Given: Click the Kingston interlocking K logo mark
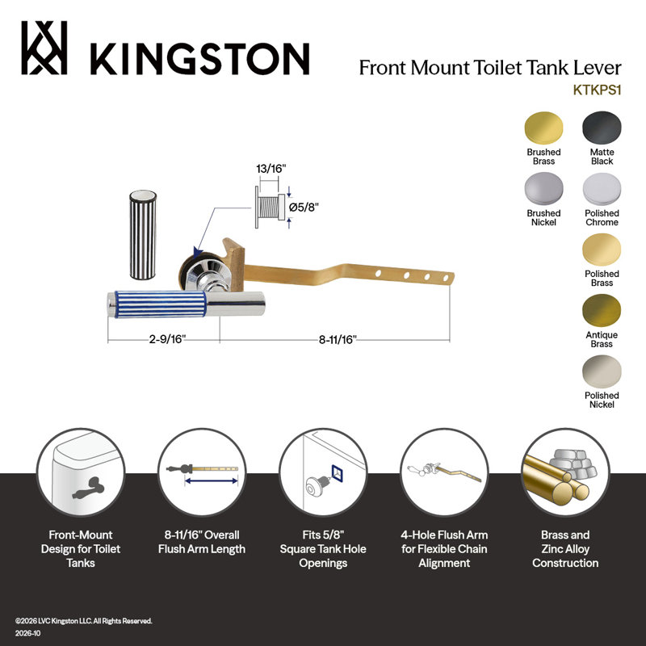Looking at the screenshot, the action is click(x=44, y=48).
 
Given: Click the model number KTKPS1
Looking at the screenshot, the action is click(x=597, y=90).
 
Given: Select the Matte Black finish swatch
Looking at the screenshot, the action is click(x=602, y=128).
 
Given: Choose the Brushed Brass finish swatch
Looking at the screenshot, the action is click(x=543, y=128).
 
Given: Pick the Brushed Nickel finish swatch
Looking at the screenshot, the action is click(x=543, y=189).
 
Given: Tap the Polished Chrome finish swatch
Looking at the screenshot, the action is click(x=602, y=189).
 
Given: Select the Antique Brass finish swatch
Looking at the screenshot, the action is click(x=602, y=311).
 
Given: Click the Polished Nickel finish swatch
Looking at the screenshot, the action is click(x=602, y=371).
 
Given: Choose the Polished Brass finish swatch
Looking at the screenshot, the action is click(x=602, y=250).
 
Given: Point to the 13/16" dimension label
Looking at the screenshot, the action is click(x=271, y=169).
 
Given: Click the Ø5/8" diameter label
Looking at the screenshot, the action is click(x=304, y=208).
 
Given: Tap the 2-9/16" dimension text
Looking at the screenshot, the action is click(x=167, y=339).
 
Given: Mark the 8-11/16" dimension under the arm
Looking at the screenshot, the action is click(x=338, y=339).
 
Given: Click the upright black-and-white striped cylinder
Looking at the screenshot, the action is click(x=143, y=235).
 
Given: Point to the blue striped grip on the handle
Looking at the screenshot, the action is click(x=160, y=304).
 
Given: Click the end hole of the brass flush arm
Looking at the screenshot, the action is click(x=446, y=279).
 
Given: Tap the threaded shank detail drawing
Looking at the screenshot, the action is click(x=271, y=208).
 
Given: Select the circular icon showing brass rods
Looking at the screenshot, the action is click(x=565, y=472).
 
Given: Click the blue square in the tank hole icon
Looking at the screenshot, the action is click(x=338, y=473).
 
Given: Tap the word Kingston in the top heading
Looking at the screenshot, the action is click(x=199, y=58).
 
